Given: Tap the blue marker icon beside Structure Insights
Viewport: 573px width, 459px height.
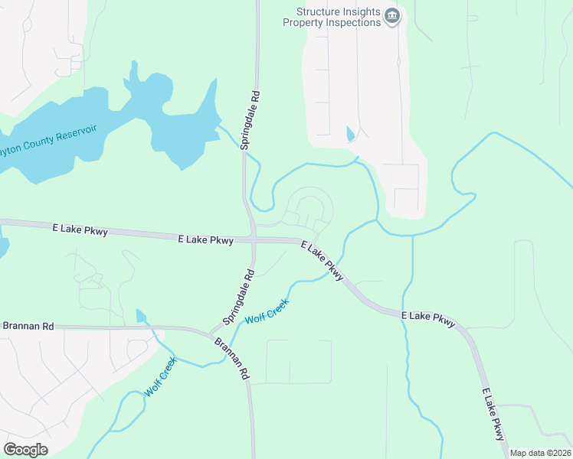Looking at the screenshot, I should [392, 16].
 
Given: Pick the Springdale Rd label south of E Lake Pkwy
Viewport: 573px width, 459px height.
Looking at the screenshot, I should [238, 295].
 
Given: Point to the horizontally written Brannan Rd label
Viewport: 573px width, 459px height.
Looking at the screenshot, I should [28, 326].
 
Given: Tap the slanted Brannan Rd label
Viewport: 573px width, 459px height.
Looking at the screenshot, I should [233, 359].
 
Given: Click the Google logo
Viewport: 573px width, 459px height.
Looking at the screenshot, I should [25, 450].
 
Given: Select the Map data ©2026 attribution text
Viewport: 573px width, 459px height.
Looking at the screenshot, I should [539, 453].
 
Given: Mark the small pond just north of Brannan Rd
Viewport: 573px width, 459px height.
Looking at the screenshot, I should [140, 315].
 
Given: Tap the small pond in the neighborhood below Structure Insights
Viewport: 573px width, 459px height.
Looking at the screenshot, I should [350, 134].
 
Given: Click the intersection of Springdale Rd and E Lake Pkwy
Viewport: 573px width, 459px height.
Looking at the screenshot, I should [253, 240].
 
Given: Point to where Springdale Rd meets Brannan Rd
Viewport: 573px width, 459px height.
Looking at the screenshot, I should [212, 332].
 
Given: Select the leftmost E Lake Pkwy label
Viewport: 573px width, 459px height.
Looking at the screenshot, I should [79, 228].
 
